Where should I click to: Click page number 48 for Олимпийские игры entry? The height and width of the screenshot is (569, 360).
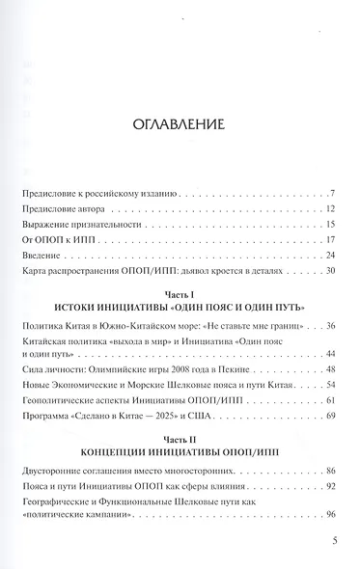pos(328,369)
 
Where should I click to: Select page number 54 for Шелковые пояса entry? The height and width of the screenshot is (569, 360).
pos(328,385)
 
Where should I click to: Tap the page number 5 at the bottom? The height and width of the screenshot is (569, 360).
pos(331,541)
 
